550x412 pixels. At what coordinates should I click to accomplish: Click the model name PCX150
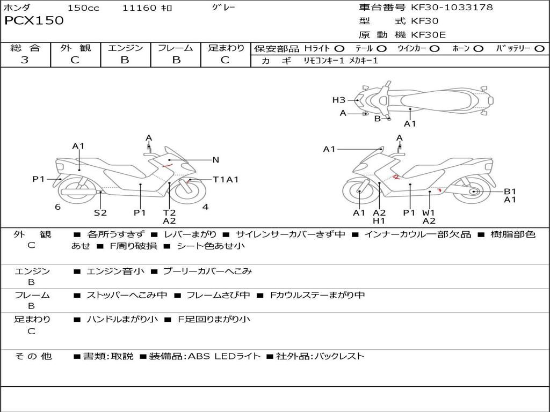pos(34,20)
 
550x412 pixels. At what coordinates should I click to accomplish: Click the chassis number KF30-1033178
pos(452,7)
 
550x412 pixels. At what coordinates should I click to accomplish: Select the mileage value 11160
pos(139,8)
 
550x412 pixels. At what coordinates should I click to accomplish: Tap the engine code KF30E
pos(428,35)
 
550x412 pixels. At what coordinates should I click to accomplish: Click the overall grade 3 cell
pos(25,60)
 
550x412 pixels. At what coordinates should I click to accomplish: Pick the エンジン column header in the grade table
pos(125,48)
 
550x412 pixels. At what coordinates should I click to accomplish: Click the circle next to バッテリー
pos(539,49)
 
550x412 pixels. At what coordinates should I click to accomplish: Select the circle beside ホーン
pos(478,49)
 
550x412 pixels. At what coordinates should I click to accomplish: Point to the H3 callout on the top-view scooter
pos(339,100)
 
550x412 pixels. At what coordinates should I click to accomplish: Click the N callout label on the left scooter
pos(216,160)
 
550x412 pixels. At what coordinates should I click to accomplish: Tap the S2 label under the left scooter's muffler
pos(100,212)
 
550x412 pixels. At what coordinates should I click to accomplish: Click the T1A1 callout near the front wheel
pos(226,180)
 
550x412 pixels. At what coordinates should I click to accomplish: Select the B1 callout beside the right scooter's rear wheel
pos(510,192)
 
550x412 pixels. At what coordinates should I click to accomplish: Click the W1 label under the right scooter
pos(428,212)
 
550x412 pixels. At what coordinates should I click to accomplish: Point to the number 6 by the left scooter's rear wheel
pos(58,207)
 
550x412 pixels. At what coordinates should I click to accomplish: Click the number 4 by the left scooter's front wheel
pos(206,207)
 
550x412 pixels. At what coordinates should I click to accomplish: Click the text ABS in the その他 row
pos(199,356)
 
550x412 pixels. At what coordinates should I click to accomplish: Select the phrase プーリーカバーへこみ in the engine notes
pos(208,271)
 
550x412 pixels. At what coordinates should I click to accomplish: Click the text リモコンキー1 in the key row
pos(324,61)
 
